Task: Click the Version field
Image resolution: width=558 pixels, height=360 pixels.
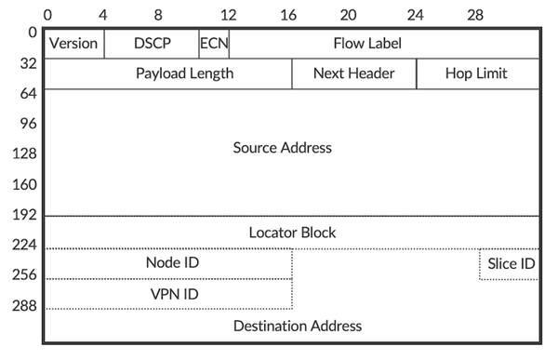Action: pos(73,44)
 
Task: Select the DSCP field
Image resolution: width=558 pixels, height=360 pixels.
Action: pos(152,44)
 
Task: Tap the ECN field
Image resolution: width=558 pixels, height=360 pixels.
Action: pos(214,44)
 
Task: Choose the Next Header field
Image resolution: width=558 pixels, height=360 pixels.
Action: pos(353,73)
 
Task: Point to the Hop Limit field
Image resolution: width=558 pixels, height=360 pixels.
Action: pos(476,73)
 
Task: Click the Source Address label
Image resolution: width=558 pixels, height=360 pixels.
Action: pos(282,148)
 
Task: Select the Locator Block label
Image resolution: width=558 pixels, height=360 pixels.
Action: pos(292,232)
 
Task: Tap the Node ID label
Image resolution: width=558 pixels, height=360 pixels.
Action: pos(172,262)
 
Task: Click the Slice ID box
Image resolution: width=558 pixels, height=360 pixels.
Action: pos(511,264)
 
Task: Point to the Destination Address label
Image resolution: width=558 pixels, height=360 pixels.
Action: pos(297,326)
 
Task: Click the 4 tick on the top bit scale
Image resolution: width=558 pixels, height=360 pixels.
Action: pos(102,16)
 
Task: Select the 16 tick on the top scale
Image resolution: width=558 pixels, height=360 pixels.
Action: pos(288,16)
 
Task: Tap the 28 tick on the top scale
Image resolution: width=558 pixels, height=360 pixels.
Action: pos(475,16)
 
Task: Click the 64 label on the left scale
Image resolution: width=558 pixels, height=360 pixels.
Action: pos(27,93)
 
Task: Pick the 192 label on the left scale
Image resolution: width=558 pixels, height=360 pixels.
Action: pos(23,215)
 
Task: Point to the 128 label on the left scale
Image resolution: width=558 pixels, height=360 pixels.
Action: pos(23,154)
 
